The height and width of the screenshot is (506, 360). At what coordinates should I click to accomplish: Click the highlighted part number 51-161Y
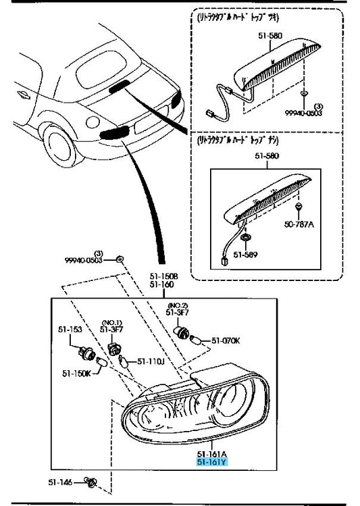212,462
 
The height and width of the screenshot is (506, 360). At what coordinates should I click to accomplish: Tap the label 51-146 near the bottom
59,482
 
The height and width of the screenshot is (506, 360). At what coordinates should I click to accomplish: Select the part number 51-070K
226,340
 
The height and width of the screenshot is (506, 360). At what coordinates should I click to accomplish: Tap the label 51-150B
163,276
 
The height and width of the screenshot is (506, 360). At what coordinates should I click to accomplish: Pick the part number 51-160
162,284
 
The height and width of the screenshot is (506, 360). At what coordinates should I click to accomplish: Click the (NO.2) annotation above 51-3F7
179,305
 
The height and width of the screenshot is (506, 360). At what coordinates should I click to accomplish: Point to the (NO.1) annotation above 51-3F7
111,322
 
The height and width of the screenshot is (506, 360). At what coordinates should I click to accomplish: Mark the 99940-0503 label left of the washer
83,259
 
